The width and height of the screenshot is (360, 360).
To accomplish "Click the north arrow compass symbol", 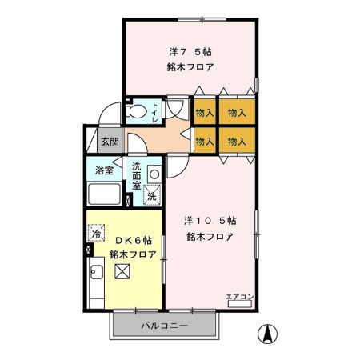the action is [x=267, y=334].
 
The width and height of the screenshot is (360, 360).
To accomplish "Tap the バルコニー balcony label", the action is [x=165, y=326].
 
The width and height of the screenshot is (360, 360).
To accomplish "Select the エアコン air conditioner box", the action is [x=240, y=304].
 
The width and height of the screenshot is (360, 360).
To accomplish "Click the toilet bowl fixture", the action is [x=137, y=110].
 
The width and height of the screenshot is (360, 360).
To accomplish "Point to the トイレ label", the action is [x=155, y=113].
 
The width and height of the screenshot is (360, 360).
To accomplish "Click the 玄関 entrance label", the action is [x=110, y=142].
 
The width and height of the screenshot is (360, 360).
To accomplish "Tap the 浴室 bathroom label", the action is [x=104, y=170].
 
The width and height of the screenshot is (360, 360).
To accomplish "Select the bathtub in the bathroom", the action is [x=104, y=194].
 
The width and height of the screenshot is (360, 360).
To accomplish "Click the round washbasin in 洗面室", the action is [x=154, y=174].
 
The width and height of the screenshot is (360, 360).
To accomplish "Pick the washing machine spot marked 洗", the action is [x=152, y=195].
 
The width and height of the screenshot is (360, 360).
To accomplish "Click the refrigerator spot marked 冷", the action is [x=96, y=233].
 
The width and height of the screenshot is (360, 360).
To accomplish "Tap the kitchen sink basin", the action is [x=97, y=272].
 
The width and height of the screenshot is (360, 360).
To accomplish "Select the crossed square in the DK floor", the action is [x=122, y=271].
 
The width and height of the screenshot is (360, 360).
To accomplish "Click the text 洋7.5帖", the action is [x=190, y=52].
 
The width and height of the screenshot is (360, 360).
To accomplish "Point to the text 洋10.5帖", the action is [x=210, y=221].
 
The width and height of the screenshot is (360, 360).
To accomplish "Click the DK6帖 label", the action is [x=134, y=241].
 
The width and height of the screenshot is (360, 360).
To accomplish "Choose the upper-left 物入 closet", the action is [x=205, y=111].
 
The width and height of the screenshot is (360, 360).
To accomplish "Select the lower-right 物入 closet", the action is [x=237, y=140].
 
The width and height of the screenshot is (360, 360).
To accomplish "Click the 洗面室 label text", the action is [x=137, y=176].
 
